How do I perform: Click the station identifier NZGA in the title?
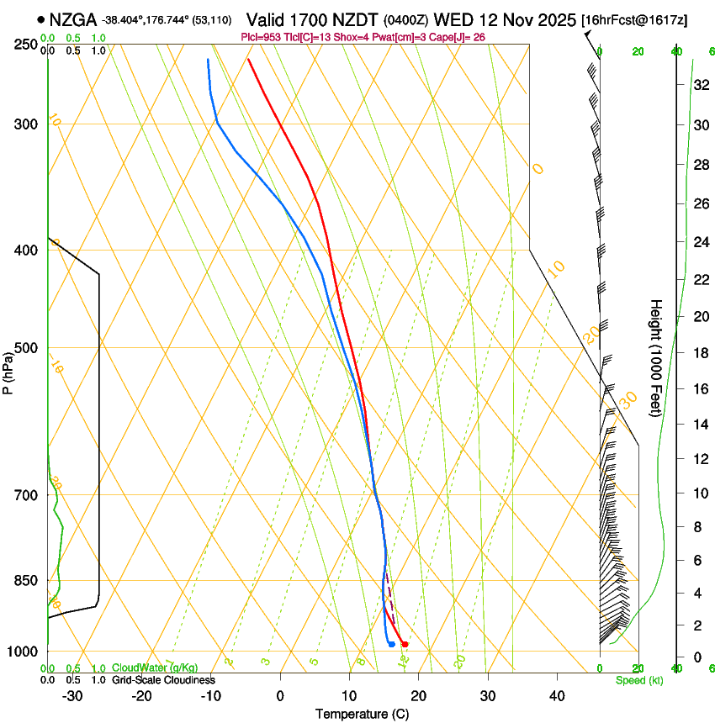click(x=73, y=19)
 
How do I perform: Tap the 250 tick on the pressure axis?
click(x=26, y=45)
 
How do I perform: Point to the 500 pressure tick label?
click(x=26, y=348)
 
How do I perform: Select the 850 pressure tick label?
click(x=26, y=580)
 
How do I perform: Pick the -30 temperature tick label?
click(x=72, y=696)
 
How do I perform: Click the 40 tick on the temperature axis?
click(x=556, y=696)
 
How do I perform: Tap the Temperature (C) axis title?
click(x=361, y=714)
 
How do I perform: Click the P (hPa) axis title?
click(x=8, y=370)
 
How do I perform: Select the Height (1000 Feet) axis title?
click(x=656, y=357)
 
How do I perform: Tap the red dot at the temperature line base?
click(x=405, y=644)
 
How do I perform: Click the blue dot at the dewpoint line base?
click(x=391, y=644)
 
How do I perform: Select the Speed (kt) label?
click(x=638, y=680)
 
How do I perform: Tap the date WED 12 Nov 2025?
click(x=504, y=19)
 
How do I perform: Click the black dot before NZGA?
click(x=40, y=19)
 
